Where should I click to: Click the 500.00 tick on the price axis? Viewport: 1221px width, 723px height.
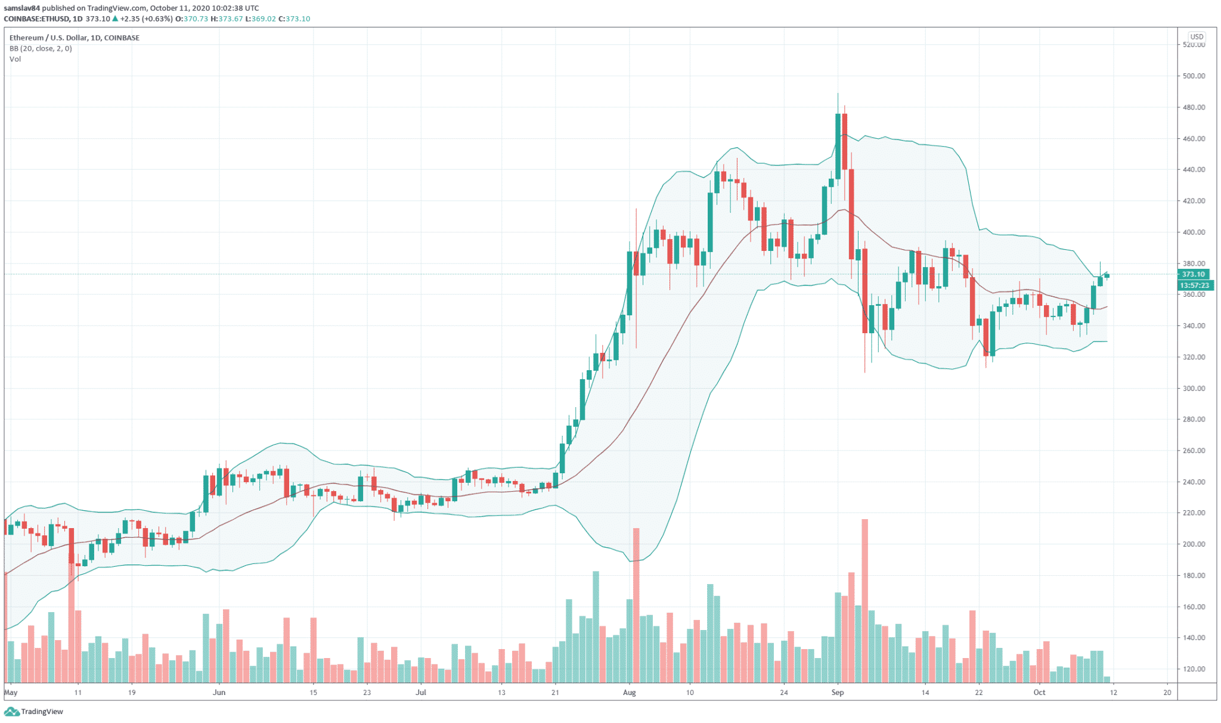coord(1193,76)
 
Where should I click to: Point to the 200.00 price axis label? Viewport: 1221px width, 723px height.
coord(1193,544)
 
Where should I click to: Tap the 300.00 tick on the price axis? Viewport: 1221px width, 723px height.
coord(1193,389)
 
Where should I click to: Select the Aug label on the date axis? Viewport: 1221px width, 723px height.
coord(629,693)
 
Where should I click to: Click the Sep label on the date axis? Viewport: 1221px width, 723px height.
coord(838,693)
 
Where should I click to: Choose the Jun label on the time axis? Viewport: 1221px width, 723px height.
coord(219,693)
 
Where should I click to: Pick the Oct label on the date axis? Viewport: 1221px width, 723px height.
coord(1039,693)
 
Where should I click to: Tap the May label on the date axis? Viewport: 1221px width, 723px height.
coord(11,693)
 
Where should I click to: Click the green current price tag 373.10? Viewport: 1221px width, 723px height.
coord(1193,274)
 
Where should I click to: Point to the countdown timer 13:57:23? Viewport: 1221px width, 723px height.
coord(1194,286)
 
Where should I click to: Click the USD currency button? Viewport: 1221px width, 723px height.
coord(1196,37)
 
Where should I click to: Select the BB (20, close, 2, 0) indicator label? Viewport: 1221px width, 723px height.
coord(41,48)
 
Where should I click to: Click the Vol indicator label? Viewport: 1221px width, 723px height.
coord(15,59)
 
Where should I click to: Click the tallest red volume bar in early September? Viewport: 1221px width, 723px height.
coord(864,602)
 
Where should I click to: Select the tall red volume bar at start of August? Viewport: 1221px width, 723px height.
coord(636,605)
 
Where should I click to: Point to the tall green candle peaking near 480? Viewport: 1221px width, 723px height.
coord(838,146)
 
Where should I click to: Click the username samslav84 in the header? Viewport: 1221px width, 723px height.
coord(22,8)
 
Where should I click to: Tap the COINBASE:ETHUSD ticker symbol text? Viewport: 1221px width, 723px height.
coord(36,19)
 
